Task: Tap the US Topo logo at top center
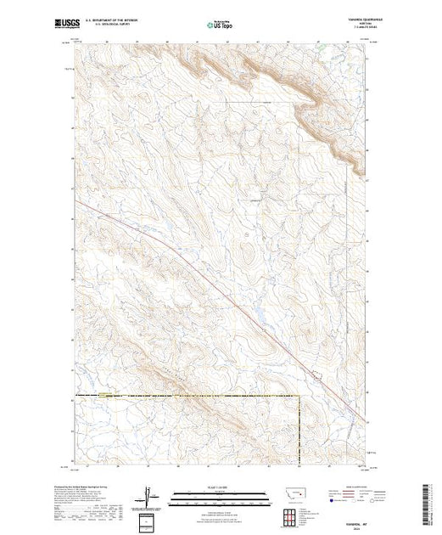click(221, 25)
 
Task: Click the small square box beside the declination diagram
click(150, 520)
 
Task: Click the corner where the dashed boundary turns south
click(299, 396)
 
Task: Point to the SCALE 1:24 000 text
click(221, 488)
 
